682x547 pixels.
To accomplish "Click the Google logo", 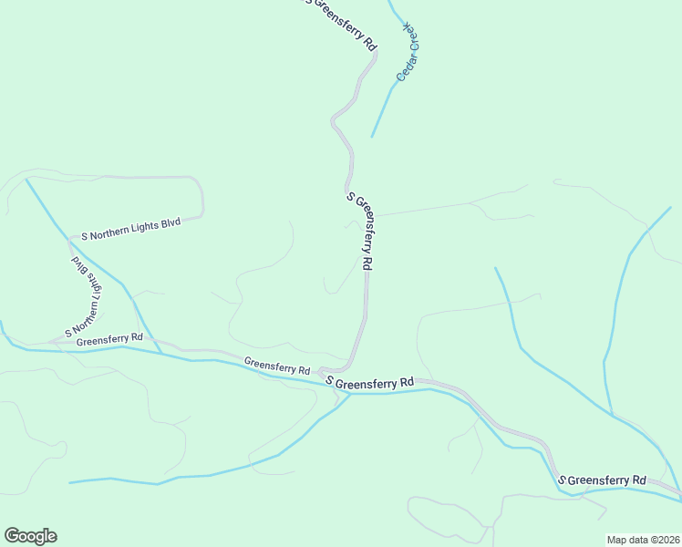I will point(30,536).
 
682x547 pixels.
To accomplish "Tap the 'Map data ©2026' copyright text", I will point(642,539).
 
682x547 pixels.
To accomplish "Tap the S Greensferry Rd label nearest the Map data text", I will point(602,480).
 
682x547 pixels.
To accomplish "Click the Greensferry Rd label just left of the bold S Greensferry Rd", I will point(277,366).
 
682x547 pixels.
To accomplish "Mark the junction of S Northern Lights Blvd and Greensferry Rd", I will point(57,341).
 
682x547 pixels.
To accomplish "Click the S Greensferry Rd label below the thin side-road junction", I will point(361,231).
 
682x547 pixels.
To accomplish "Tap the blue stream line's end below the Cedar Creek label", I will point(372,137).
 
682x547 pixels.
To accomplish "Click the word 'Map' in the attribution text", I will point(617,539).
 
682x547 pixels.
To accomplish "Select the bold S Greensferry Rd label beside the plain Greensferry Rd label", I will point(369,383).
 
